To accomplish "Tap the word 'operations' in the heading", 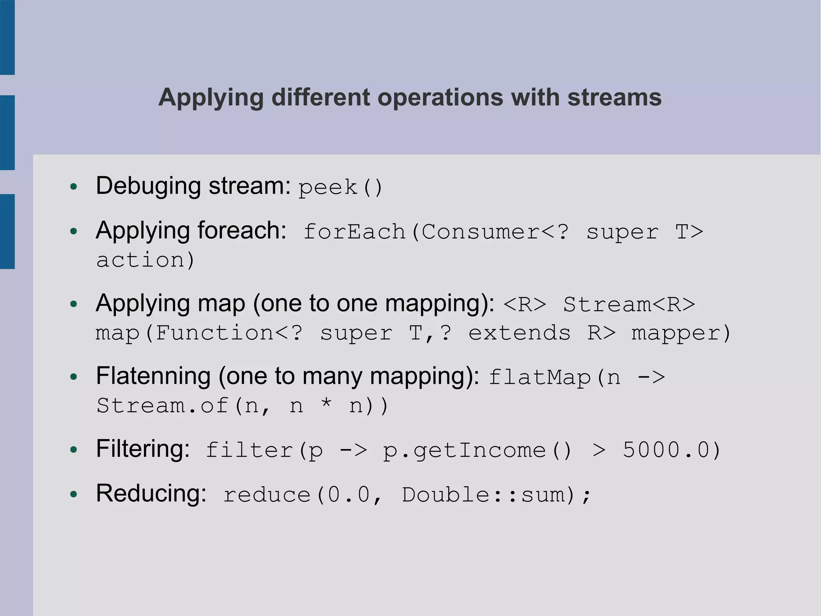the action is (440, 98).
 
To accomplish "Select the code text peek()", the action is (340, 187).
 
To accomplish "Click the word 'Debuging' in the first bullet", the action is (148, 186).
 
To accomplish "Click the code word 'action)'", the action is (146, 260).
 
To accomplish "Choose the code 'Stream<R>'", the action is (629, 304).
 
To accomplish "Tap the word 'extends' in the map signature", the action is (519, 333).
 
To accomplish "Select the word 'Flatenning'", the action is (153, 376).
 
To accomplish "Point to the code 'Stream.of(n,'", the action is (184, 406).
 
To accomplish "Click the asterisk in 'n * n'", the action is (326, 403).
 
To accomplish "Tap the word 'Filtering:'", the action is (143, 449).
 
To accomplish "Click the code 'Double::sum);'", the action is (496, 495).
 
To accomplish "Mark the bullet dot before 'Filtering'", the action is (73, 450).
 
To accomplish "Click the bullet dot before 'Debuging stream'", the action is (73, 187).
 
